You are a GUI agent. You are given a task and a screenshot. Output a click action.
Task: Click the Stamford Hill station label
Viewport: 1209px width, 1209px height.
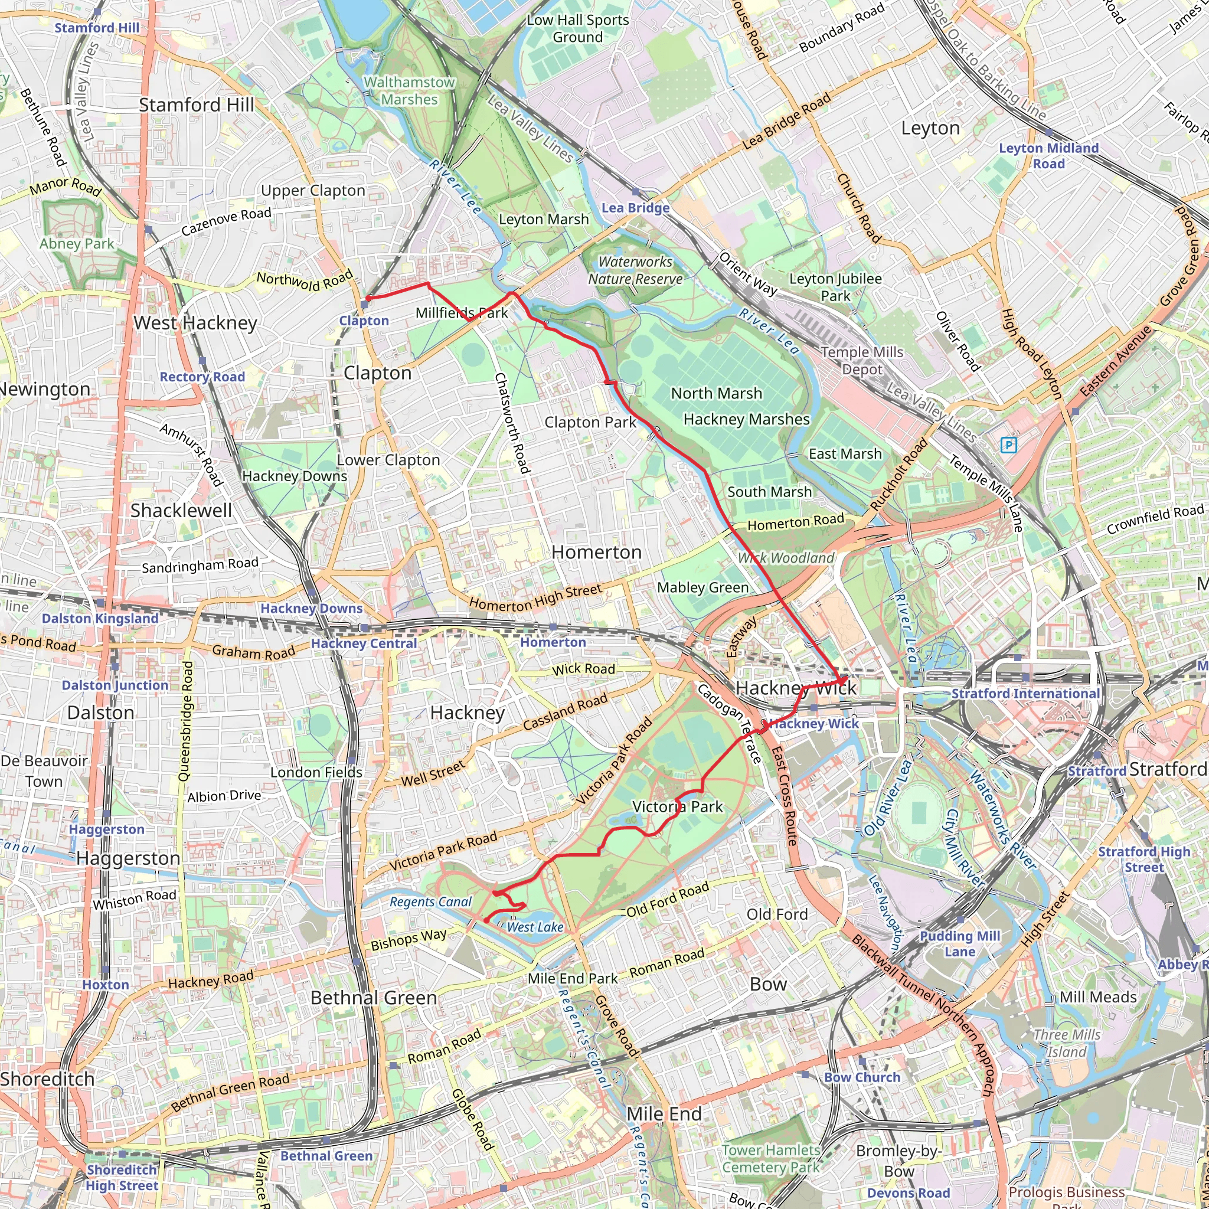tap(97, 28)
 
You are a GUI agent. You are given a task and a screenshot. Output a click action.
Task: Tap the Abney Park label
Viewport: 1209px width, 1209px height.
tap(77, 243)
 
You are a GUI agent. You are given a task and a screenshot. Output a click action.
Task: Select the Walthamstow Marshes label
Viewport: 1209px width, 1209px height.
tap(409, 91)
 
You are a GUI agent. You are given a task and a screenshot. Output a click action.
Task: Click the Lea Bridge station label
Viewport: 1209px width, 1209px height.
tap(635, 208)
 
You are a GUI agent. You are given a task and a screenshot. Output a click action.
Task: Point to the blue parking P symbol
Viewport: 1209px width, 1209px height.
tap(1008, 445)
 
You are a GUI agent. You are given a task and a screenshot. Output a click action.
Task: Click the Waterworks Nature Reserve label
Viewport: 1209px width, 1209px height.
tap(635, 270)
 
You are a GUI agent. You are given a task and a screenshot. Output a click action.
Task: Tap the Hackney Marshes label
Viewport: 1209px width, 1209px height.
tap(746, 419)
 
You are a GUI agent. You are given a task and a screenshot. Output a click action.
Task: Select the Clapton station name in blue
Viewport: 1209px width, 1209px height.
tap(364, 321)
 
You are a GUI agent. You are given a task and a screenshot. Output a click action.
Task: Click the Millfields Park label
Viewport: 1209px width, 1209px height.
tap(461, 312)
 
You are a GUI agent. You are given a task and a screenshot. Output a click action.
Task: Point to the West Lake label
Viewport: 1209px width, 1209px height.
tap(535, 927)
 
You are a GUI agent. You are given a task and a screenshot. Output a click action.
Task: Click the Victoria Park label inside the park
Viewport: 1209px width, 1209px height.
tap(677, 806)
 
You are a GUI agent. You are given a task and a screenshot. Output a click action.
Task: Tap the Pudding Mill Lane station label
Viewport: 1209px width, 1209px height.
tap(959, 944)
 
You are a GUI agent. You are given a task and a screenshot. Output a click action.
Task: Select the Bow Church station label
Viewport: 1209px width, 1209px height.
tap(862, 1077)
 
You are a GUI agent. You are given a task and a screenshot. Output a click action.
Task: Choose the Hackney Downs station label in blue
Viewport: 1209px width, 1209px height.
tap(311, 608)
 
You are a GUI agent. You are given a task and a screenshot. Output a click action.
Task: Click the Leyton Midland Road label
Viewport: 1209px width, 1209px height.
tap(1048, 156)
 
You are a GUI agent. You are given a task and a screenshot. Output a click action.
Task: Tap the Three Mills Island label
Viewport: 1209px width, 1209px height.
tap(1066, 1043)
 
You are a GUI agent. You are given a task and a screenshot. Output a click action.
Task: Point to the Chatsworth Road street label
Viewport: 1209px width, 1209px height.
tap(512, 423)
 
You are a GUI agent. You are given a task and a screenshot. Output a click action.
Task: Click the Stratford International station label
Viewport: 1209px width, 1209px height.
tap(1025, 694)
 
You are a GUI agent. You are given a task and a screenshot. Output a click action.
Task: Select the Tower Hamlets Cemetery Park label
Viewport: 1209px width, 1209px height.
tap(770, 1158)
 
